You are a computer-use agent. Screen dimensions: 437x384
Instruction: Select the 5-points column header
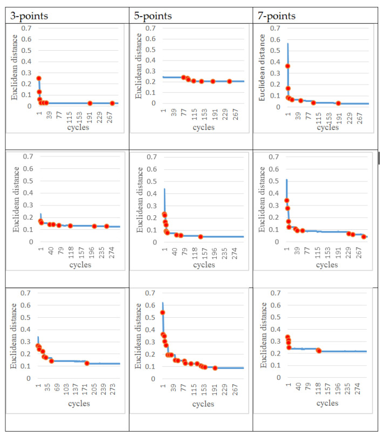153,16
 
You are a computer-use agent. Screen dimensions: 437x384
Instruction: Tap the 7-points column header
278,16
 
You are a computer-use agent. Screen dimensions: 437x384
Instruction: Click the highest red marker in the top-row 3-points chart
39,78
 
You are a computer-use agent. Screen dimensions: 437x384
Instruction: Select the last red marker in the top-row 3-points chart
112,103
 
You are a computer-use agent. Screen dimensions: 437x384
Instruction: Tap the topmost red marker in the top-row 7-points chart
288,66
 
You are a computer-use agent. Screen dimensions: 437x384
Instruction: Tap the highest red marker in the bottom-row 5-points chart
163,312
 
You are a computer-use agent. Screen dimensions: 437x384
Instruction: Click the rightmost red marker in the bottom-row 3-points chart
87,363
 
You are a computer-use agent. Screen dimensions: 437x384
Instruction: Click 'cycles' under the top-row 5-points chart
204,127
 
